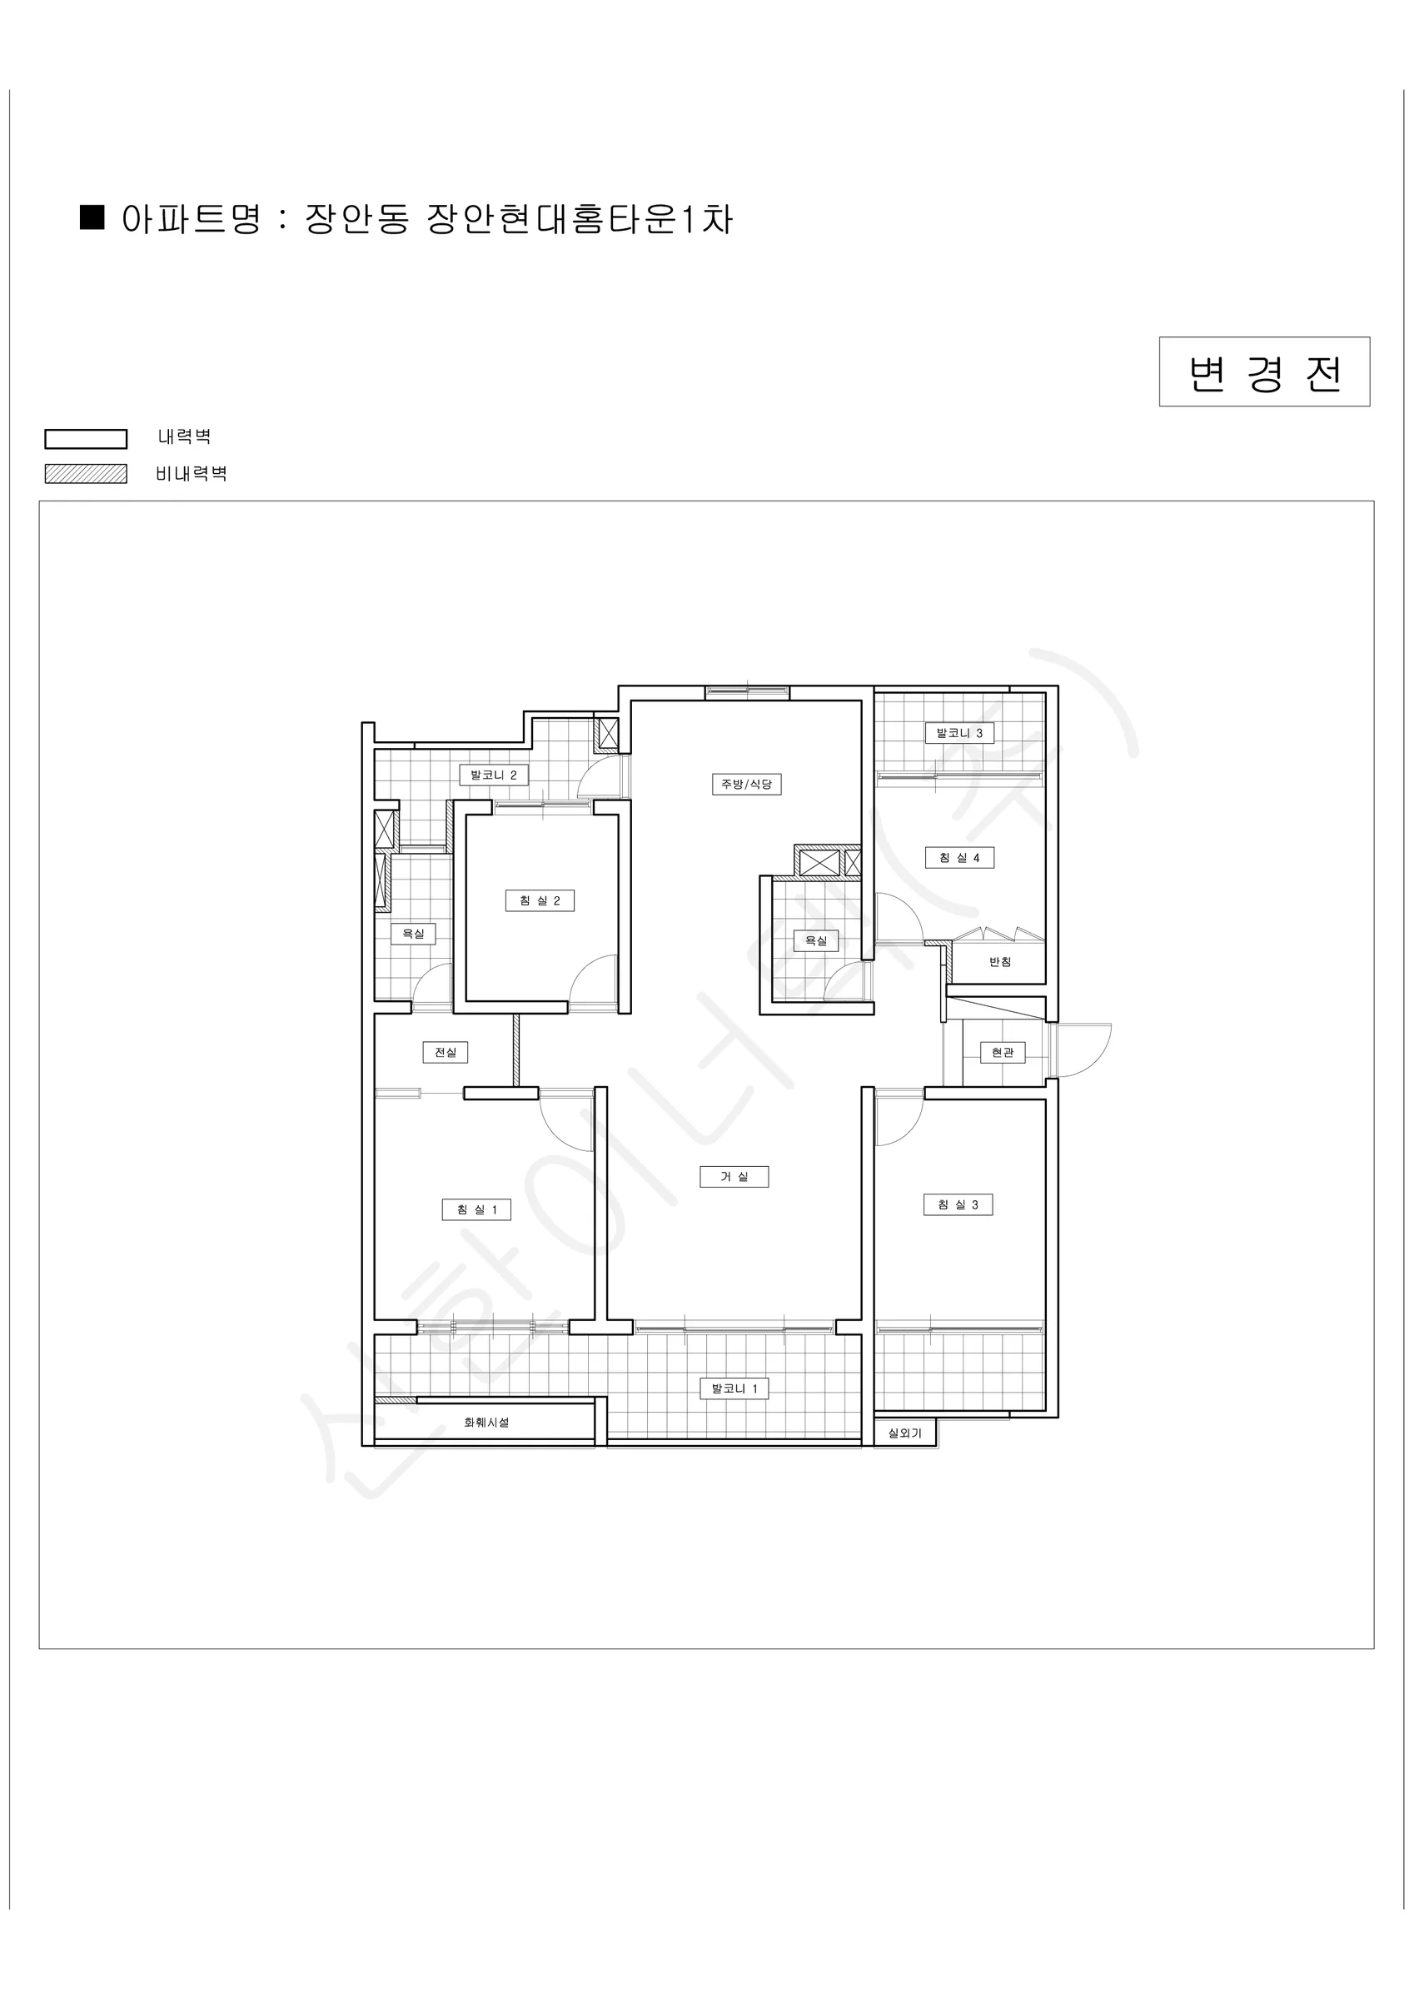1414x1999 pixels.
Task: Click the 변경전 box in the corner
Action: (x=1264, y=371)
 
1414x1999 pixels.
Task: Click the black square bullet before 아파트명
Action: (x=92, y=217)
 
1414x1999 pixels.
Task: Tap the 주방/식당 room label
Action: (x=746, y=785)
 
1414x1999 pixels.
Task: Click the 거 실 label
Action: (x=734, y=1177)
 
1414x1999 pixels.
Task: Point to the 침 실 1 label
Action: (x=476, y=1209)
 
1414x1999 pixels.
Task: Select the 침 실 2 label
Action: (x=540, y=900)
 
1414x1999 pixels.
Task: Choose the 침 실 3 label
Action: (x=958, y=1205)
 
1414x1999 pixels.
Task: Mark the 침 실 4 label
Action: (x=959, y=858)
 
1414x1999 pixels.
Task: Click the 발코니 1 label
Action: (x=734, y=1388)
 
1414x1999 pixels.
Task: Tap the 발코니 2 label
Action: (x=494, y=775)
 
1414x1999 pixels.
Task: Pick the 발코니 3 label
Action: (x=959, y=733)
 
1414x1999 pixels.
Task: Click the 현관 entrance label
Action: (x=1003, y=1053)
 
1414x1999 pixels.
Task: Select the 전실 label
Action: (x=446, y=1053)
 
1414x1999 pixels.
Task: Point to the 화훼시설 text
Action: (x=486, y=1423)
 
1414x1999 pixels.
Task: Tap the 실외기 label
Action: (x=904, y=1433)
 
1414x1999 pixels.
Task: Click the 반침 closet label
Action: (x=1000, y=962)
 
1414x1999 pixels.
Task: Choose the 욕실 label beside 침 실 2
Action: (x=413, y=935)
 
